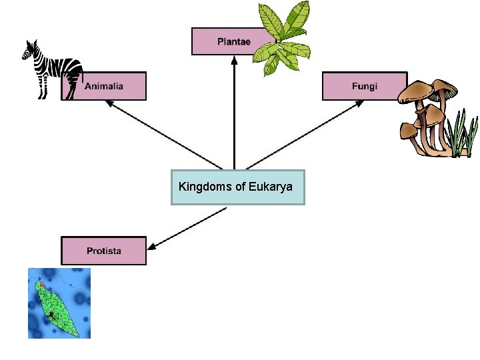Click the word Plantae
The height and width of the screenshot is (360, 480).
click(x=233, y=42)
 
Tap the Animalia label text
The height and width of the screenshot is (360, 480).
click(x=103, y=86)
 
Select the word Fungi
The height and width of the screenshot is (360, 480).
click(x=365, y=87)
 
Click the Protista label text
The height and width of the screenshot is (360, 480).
click(x=103, y=251)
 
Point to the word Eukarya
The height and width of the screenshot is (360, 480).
click(x=271, y=187)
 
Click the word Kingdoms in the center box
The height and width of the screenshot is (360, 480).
click(x=205, y=187)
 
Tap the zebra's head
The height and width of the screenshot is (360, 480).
click(x=30, y=51)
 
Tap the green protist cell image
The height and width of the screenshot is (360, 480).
click(x=59, y=303)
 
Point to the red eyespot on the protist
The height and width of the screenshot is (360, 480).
click(x=41, y=285)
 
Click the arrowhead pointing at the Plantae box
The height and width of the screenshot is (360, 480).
click(x=234, y=59)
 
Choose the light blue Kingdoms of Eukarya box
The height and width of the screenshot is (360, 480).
click(x=237, y=187)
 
